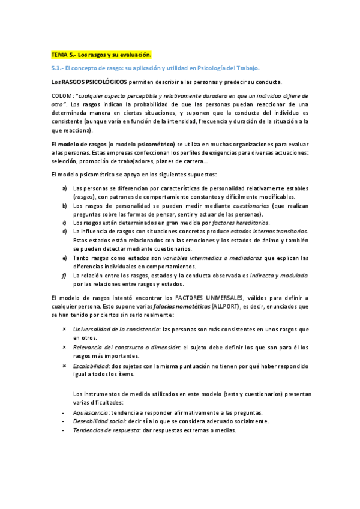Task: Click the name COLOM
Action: (x=62, y=96)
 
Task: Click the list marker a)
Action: (x=64, y=189)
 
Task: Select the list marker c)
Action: (x=64, y=223)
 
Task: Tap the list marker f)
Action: (x=64, y=275)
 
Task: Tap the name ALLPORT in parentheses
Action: (x=225, y=307)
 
